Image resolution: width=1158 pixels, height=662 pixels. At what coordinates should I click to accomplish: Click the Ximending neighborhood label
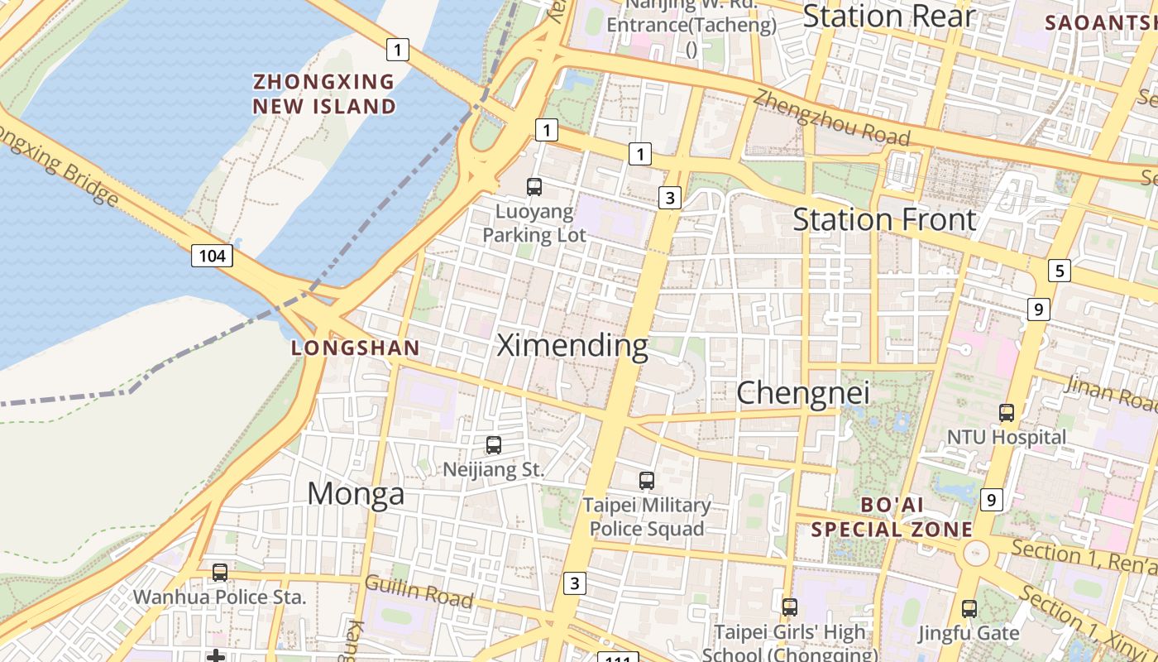tap(572, 345)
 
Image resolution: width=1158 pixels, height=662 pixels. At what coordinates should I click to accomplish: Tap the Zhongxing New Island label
tap(324, 94)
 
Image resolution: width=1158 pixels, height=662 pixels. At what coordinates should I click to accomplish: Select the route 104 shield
tap(212, 256)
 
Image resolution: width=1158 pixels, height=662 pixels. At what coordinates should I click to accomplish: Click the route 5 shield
tap(1059, 270)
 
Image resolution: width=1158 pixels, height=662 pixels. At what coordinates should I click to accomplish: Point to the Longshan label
tap(356, 348)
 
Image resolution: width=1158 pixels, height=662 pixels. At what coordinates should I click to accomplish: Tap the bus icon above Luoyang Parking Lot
tap(534, 187)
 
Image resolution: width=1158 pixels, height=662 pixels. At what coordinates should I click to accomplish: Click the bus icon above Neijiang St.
tap(494, 445)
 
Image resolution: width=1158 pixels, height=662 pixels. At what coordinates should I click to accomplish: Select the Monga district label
tap(356, 494)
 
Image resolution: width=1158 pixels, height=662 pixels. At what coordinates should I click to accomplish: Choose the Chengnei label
tap(803, 393)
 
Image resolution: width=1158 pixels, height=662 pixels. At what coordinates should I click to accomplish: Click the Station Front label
tap(885, 220)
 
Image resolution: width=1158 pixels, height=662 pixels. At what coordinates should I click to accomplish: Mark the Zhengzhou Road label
tap(832, 118)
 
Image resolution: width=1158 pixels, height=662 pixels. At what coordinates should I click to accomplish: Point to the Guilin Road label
tap(419, 592)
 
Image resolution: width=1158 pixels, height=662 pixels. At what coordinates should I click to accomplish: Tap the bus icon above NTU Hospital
tap(1007, 413)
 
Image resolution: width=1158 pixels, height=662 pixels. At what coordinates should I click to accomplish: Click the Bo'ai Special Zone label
tap(892, 517)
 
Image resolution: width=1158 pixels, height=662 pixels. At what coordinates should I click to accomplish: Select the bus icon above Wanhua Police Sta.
tap(220, 573)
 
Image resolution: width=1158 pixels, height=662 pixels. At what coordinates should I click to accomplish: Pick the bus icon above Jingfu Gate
tap(969, 609)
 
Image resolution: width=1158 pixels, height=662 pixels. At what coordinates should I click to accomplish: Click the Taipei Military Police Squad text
tap(647, 516)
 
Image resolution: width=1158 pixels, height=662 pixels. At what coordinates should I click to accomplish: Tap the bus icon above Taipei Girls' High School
tap(790, 607)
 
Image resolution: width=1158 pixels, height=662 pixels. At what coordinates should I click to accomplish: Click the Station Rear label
tap(889, 17)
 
